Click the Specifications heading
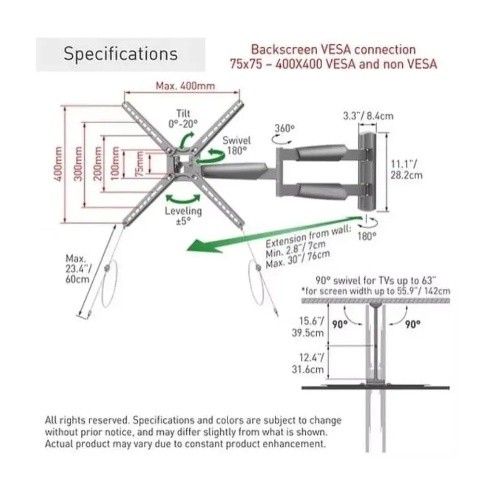pos(120,53)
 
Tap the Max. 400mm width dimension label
pos(185,86)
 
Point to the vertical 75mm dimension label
pos(139,166)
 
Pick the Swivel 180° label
pos(236,145)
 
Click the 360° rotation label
pos(284,129)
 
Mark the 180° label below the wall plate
pos(367,236)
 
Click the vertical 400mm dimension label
pos(58,164)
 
